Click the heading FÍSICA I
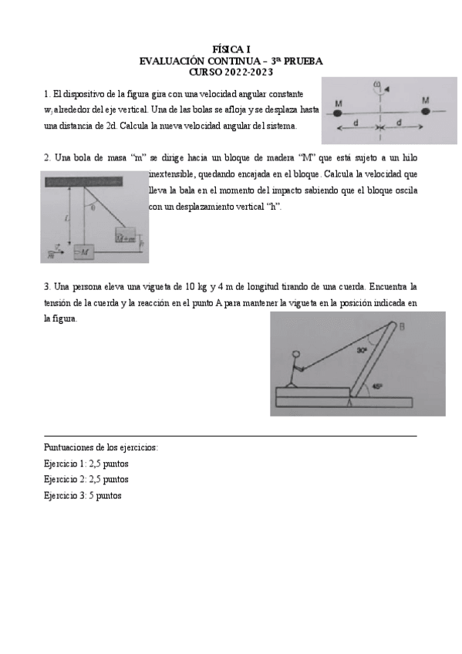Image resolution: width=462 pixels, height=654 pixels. coord(231,49)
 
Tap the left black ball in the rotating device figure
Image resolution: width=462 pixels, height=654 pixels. coord(338,113)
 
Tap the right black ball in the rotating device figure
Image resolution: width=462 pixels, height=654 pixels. coord(426,112)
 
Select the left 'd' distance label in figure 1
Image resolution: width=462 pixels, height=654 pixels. coord(355,123)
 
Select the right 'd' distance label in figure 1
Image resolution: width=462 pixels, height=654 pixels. coord(399,123)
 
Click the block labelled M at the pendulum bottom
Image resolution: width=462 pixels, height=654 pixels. coord(83,251)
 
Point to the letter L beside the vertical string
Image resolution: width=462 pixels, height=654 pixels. coord(68,218)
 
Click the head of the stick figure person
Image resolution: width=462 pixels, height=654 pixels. coord(294,356)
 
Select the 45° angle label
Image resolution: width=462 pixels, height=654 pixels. coord(377,386)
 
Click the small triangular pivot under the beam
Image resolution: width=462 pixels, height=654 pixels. coord(351,401)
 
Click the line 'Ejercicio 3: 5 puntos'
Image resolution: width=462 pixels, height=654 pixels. coord(83,495)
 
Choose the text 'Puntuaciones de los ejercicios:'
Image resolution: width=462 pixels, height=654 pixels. coord(102,447)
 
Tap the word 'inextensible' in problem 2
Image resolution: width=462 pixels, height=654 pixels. coord(174,174)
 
